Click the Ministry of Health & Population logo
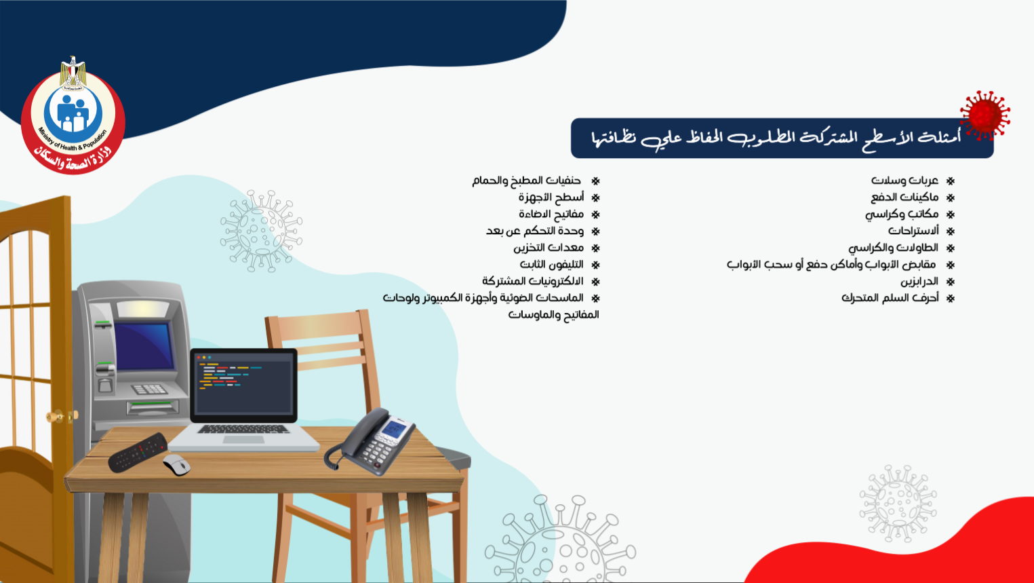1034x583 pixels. [x=73, y=115]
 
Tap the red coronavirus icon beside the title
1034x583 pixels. [x=985, y=115]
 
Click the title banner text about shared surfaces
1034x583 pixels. [x=776, y=138]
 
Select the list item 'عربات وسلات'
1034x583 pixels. [x=904, y=180]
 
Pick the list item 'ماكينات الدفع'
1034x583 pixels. [x=904, y=198]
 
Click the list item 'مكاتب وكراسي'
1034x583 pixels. [x=902, y=214]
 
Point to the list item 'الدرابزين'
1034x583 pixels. [x=919, y=282]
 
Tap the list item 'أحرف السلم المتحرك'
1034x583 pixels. [x=890, y=298]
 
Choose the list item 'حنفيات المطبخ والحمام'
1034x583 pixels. [x=526, y=180]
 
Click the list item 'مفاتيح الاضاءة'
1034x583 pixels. [x=551, y=214]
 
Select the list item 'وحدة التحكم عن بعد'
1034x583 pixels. [x=534, y=231]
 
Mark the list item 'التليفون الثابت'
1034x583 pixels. [x=552, y=264]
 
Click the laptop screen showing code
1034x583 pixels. [x=243, y=385]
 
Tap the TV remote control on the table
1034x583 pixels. [x=138, y=453]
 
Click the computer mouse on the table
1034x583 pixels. [x=176, y=465]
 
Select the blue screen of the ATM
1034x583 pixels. [x=144, y=346]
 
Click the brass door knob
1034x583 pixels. [x=56, y=417]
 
